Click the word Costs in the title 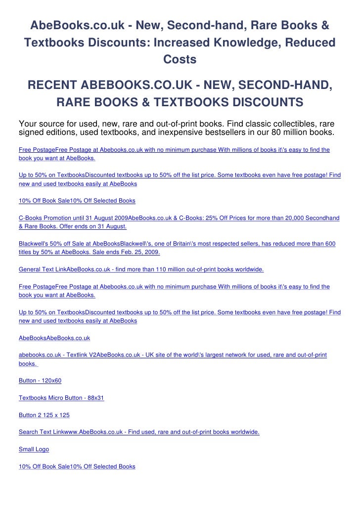(180, 59)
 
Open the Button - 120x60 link (40, 381)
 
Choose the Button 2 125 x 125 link (44, 415)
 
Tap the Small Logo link (34, 449)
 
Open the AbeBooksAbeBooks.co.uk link (54, 338)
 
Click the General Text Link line (141, 270)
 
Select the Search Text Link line (139, 432)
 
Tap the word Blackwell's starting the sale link (32, 244)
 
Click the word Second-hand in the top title (190, 25)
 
